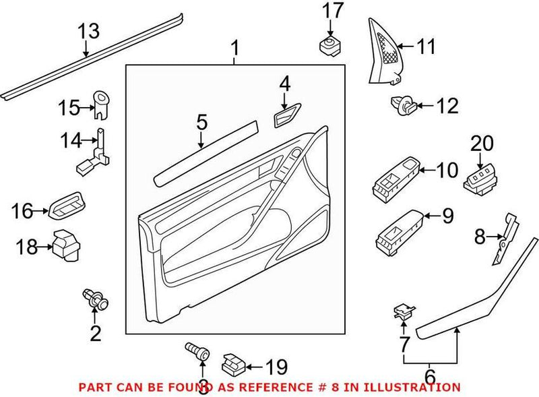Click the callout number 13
tap(88, 31)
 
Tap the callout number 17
tap(332, 11)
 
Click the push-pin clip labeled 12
tap(402, 104)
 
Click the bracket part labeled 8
tap(506, 236)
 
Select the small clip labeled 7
tap(402, 311)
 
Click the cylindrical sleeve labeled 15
tap(102, 103)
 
